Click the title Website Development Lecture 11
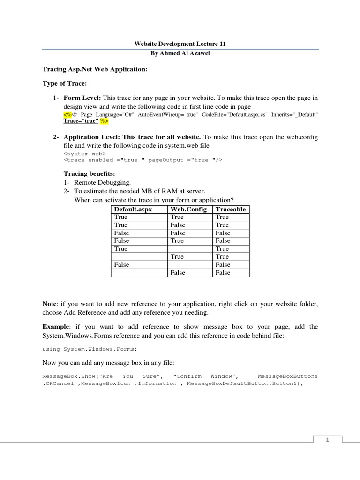pos(180,44)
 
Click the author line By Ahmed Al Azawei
pos(180,53)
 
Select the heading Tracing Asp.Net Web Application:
pos(95,69)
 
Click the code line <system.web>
pos(84,153)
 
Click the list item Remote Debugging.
pos(104,182)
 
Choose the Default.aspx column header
pos(133,209)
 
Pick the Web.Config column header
pos(188,209)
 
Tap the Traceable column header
pos(230,209)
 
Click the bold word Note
pos(50,304)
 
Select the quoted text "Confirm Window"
pos(206,376)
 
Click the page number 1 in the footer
pos(328,439)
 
